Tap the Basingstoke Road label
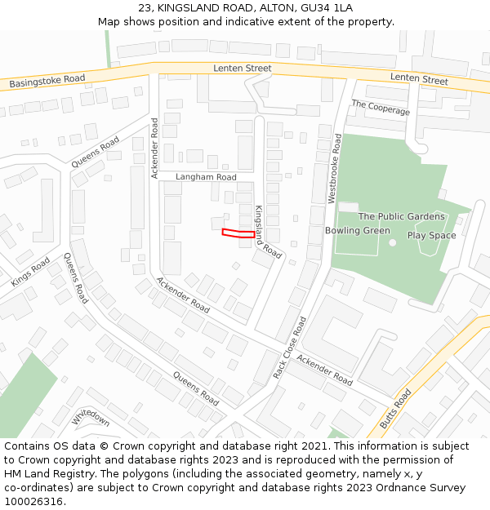[x=47, y=82]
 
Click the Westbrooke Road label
[x=335, y=169]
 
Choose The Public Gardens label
[x=402, y=216]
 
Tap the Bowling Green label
[x=358, y=231]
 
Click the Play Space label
[x=431, y=236]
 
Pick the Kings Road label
[x=31, y=273]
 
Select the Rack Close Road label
[x=290, y=348]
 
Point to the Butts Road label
[x=395, y=409]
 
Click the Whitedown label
[x=91, y=416]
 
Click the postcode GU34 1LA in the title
[x=327, y=7]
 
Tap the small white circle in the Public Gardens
[x=392, y=242]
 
